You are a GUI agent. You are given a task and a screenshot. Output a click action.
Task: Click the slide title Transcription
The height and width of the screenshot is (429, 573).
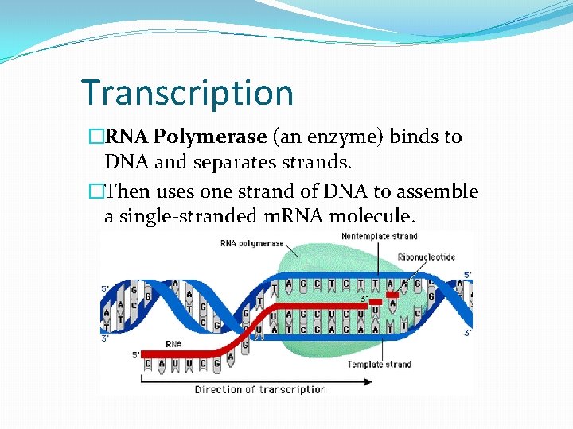click(188, 92)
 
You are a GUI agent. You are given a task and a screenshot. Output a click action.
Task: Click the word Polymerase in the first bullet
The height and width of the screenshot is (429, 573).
click(210, 137)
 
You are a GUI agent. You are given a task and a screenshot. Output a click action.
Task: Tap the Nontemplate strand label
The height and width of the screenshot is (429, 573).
click(379, 236)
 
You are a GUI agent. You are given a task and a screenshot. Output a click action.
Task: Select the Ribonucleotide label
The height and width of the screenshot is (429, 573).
click(427, 258)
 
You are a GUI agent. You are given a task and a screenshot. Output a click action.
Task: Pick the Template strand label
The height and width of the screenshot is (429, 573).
click(379, 365)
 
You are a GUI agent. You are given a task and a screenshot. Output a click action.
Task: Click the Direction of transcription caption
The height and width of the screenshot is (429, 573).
click(260, 389)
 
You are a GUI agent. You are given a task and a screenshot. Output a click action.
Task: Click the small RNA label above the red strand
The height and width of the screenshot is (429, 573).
click(173, 344)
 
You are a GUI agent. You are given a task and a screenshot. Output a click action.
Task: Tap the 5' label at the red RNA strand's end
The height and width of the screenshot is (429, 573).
click(136, 354)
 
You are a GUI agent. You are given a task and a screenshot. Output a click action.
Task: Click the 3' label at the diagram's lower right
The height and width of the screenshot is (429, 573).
click(467, 333)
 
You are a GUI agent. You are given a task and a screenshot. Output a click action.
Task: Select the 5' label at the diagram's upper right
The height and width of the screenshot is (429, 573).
click(468, 275)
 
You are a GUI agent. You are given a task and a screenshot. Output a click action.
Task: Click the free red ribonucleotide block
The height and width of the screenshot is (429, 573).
click(392, 294)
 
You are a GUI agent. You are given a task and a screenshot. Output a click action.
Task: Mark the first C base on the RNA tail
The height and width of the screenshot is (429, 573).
click(147, 365)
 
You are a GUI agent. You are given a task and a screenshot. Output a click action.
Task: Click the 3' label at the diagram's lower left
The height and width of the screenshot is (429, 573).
click(105, 338)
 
